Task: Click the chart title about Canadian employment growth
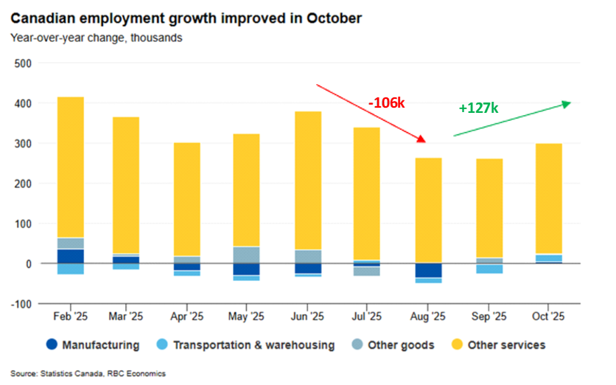[186, 16]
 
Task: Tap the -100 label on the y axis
[21, 303]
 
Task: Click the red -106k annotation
[386, 103]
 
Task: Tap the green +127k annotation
[478, 108]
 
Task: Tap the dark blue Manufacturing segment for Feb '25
[70, 256]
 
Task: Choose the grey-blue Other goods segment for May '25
[247, 254]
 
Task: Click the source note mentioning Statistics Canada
[88, 374]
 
